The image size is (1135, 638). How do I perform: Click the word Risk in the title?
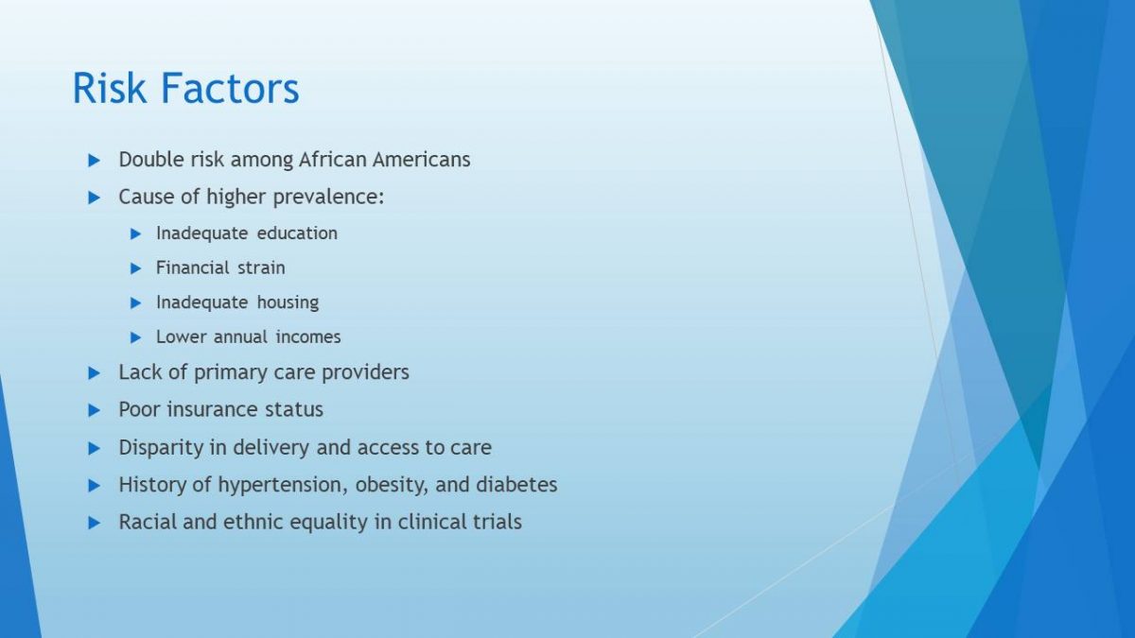[110, 88]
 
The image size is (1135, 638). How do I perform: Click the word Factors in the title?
[230, 88]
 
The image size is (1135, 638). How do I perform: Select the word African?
[332, 160]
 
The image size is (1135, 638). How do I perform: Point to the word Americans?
[422, 160]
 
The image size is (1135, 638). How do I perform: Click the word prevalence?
[328, 198]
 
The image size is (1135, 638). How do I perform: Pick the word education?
[297, 233]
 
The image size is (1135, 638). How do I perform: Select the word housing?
[288, 303]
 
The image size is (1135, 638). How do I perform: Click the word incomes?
[308, 337]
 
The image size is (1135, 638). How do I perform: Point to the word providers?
[365, 373]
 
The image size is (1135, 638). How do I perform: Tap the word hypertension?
[283, 486]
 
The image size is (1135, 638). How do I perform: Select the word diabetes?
[516, 485]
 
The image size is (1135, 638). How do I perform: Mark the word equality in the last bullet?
[328, 523]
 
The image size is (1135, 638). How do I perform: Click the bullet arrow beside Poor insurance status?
[95, 410]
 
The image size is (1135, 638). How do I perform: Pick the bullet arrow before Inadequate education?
[135, 234]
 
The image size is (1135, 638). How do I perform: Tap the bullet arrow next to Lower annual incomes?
[135, 337]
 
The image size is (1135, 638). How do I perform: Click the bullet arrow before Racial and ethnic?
[95, 523]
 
